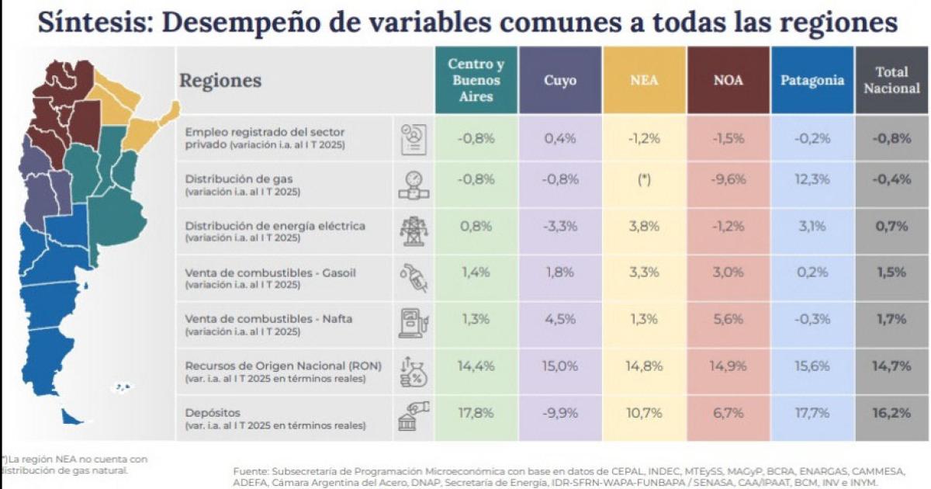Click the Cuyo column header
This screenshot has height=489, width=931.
click(559, 81)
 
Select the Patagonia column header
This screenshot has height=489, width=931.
click(812, 81)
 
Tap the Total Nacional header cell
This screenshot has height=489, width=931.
click(891, 81)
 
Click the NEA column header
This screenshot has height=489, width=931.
click(644, 81)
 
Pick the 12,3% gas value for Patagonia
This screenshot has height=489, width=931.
click(812, 179)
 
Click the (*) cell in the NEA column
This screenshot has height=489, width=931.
click(644, 179)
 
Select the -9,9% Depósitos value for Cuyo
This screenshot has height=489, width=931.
click(559, 413)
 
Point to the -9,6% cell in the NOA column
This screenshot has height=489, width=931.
click(728, 179)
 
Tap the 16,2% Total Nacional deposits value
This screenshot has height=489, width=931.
click(891, 413)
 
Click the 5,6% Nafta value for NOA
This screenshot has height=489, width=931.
click(728, 319)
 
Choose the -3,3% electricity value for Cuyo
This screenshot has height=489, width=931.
click(559, 227)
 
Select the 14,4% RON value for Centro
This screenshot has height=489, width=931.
click(476, 366)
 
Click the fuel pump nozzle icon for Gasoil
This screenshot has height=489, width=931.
click(413, 278)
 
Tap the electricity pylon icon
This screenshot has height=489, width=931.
click(413, 231)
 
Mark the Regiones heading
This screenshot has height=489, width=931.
click(220, 81)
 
